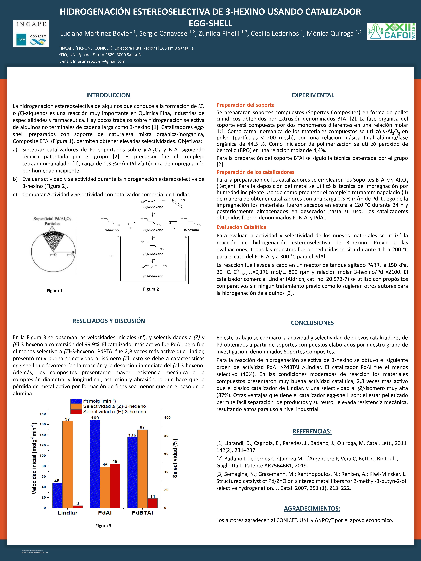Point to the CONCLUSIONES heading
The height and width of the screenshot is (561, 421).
312,323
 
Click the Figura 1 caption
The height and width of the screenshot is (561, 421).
55,291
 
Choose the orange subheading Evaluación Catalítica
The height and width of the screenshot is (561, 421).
241,227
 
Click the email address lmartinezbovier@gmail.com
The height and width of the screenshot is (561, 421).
99,61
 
